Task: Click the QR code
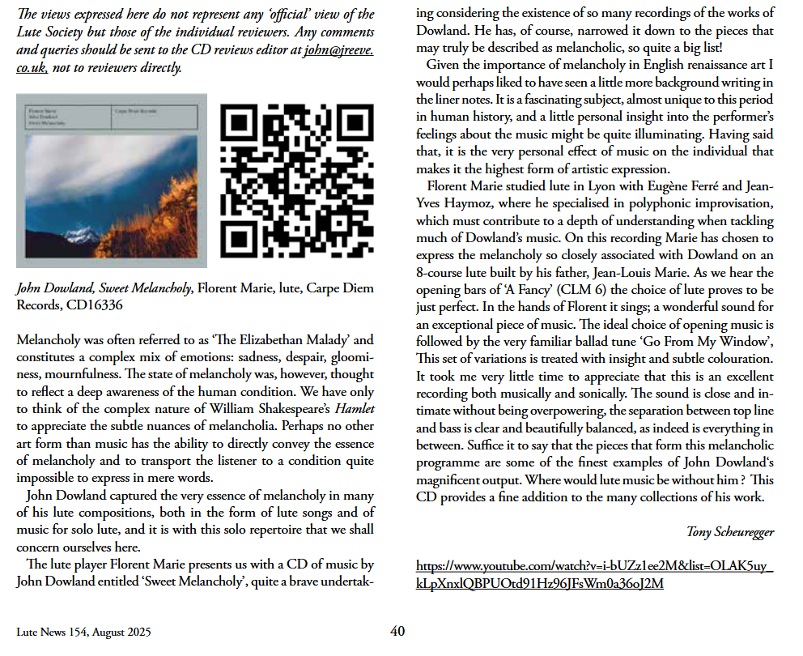click(x=296, y=181)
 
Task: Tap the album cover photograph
click(x=112, y=181)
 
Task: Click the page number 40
click(x=397, y=632)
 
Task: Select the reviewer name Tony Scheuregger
click(x=730, y=531)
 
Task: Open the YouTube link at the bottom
click(x=594, y=574)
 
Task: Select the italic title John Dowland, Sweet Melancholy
click(x=104, y=288)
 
